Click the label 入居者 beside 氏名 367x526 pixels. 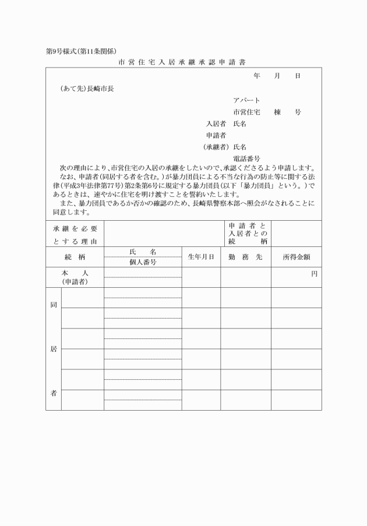(217, 123)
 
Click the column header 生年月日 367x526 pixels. (201, 257)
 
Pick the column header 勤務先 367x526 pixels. (245, 257)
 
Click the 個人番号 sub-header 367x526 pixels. (143, 262)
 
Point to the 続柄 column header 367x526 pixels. (75, 257)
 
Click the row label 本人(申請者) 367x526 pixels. (75, 277)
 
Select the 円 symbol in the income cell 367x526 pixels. (314, 273)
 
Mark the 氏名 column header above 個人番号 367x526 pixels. (143, 251)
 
